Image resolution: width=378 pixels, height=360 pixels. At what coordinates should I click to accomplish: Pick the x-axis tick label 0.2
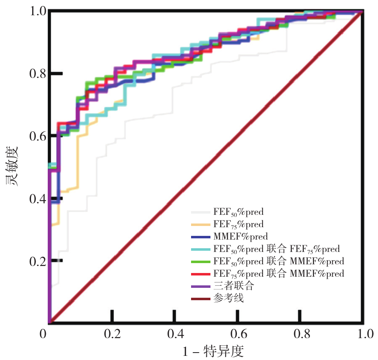pos(111,333)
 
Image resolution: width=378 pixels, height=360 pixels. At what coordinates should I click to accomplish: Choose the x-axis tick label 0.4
pos(174,333)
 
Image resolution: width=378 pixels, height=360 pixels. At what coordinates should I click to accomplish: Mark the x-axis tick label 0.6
pos(237,333)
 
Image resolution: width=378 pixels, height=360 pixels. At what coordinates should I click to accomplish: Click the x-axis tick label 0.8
pos(300,333)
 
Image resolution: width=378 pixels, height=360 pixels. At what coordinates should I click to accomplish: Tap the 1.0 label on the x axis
pos(363,333)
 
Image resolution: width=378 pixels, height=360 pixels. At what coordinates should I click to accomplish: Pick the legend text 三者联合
pos(233,285)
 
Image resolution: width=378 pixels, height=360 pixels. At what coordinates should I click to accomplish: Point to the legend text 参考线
pos(229,298)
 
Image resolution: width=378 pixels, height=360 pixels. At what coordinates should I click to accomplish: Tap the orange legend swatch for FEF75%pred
pos(201,225)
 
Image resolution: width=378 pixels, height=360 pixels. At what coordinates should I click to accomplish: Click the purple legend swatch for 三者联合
pos(201,286)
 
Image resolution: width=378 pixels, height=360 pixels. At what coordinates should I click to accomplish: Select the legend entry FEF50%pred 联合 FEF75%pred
pos(276,249)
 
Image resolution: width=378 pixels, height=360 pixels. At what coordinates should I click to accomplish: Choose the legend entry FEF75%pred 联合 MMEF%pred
pos(279,273)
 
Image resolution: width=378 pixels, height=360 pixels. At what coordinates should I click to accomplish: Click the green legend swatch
pos(201,261)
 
